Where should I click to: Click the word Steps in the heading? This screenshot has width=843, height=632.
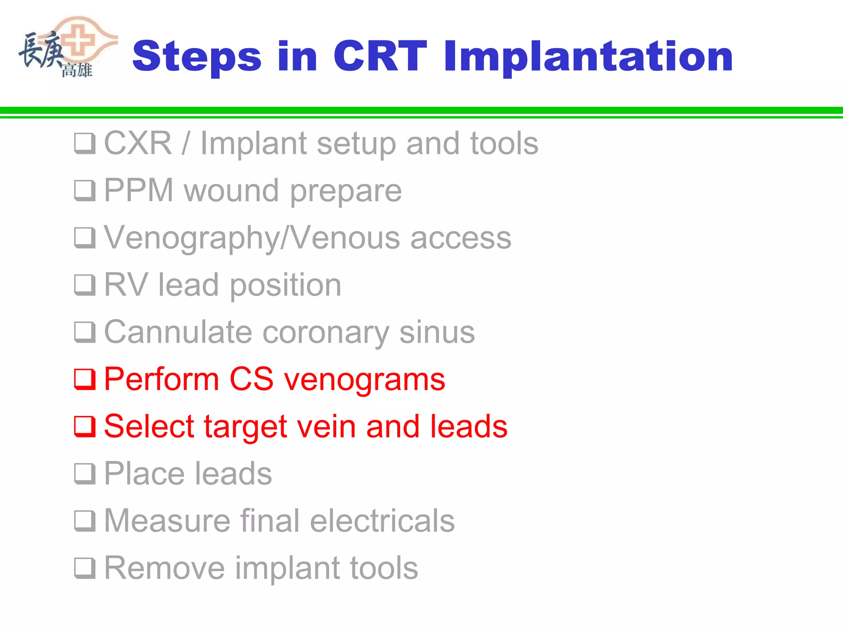197,57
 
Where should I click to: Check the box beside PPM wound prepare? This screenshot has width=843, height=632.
85,191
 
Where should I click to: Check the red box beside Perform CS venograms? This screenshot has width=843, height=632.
85,379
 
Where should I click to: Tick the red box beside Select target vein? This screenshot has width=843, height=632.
85,426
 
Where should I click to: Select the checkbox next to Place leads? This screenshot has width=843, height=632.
85,474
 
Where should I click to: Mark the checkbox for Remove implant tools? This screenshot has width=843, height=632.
85,568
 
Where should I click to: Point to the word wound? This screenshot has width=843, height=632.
231,191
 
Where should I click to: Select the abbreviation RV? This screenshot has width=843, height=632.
126,285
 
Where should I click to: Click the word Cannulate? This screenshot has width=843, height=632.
178,332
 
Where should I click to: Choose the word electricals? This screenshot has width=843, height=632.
382,520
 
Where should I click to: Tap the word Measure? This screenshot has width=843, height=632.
166,520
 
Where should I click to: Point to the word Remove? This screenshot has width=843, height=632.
164,568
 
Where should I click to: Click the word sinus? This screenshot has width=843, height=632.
437,332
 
